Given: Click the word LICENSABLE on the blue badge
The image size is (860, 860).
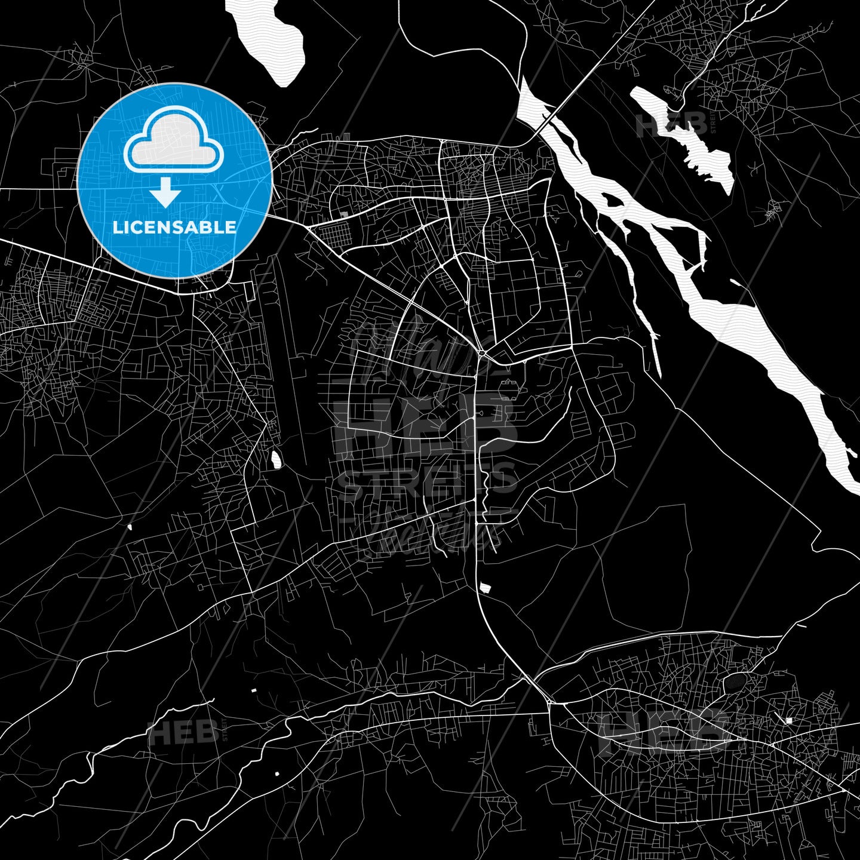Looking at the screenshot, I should [x=174, y=228].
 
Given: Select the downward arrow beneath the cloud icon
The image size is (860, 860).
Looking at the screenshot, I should [x=165, y=192].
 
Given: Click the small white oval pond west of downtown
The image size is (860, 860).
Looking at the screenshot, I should [x=276, y=460].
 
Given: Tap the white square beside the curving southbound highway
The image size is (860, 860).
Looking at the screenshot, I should [x=486, y=588].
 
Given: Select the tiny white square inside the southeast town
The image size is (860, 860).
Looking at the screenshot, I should [x=789, y=721].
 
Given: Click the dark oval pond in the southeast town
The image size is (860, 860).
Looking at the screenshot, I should [x=735, y=682].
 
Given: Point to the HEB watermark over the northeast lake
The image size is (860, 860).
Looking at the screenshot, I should [x=671, y=125].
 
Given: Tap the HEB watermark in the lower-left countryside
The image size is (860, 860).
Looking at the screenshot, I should [x=182, y=732].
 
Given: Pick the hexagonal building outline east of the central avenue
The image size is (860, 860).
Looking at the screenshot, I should [x=508, y=382].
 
